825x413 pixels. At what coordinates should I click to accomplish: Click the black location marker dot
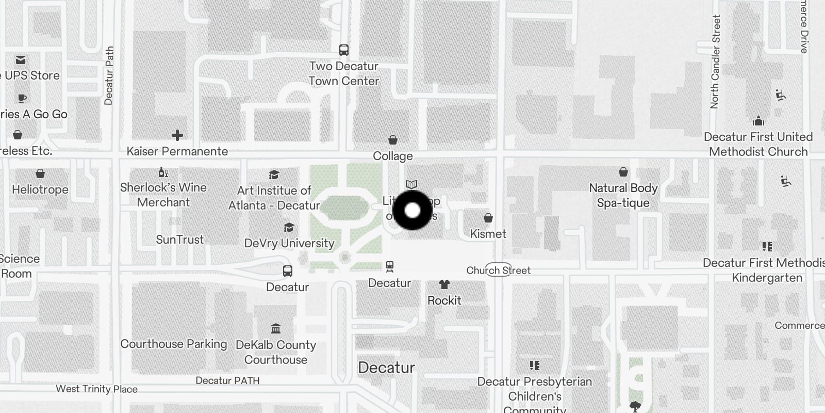412,211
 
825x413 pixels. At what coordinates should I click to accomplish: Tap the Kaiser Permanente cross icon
177,135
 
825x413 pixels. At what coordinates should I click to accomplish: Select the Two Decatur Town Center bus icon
344,50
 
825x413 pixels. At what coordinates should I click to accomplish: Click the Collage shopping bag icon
393,140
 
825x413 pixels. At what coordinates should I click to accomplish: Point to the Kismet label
488,234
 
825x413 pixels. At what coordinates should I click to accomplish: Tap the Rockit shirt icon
444,284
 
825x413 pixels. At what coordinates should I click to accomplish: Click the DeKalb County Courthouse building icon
276,329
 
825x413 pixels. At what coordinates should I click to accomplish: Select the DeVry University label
289,243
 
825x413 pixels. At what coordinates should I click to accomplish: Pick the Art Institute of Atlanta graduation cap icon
274,175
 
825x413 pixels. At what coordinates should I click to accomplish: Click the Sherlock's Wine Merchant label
163,195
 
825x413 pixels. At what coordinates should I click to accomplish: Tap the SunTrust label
180,240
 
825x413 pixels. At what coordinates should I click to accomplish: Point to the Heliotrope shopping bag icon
40,173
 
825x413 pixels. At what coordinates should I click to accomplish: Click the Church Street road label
499,270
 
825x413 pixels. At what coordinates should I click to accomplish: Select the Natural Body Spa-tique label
623,195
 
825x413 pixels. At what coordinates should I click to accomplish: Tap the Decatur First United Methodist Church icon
758,121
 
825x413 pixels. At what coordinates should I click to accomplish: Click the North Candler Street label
715,62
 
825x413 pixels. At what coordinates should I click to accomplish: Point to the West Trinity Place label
97,389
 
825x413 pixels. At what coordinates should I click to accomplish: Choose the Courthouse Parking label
174,344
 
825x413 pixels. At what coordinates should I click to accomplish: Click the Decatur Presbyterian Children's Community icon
535,366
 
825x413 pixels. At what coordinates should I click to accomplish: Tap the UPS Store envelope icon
21,60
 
